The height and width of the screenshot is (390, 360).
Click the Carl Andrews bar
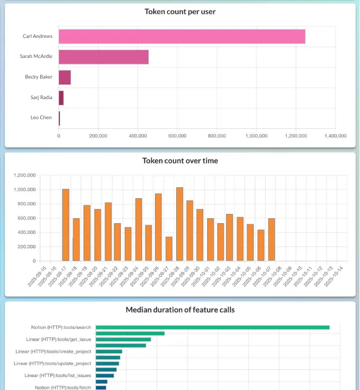(x=182, y=36)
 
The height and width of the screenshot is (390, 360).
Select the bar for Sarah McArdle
(x=104, y=57)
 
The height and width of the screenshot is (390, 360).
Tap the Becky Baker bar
(x=65, y=77)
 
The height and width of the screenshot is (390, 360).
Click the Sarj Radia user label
(x=41, y=97)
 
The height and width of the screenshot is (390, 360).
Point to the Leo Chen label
(x=41, y=118)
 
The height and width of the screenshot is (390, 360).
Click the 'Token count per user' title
(x=180, y=11)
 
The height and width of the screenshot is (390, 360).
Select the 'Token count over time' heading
(x=180, y=160)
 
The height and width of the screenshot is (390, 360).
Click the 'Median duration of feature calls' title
(x=180, y=310)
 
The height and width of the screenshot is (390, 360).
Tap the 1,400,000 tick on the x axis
(x=335, y=136)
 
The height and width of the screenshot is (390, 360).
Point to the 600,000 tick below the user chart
(x=177, y=136)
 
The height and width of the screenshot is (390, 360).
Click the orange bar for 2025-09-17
(x=66, y=225)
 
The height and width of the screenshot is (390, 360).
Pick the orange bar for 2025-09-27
(x=169, y=249)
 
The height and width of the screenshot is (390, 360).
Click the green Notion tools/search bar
(x=213, y=327)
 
